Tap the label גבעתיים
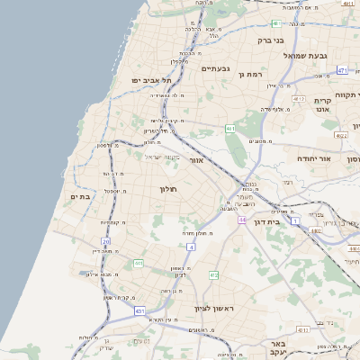point(216,69)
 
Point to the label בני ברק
point(271,40)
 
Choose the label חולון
point(169,189)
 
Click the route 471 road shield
point(343,70)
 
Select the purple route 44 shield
point(242,220)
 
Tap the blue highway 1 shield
point(295,233)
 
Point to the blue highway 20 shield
point(106,242)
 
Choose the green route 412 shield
point(213,275)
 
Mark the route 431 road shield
point(140,310)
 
